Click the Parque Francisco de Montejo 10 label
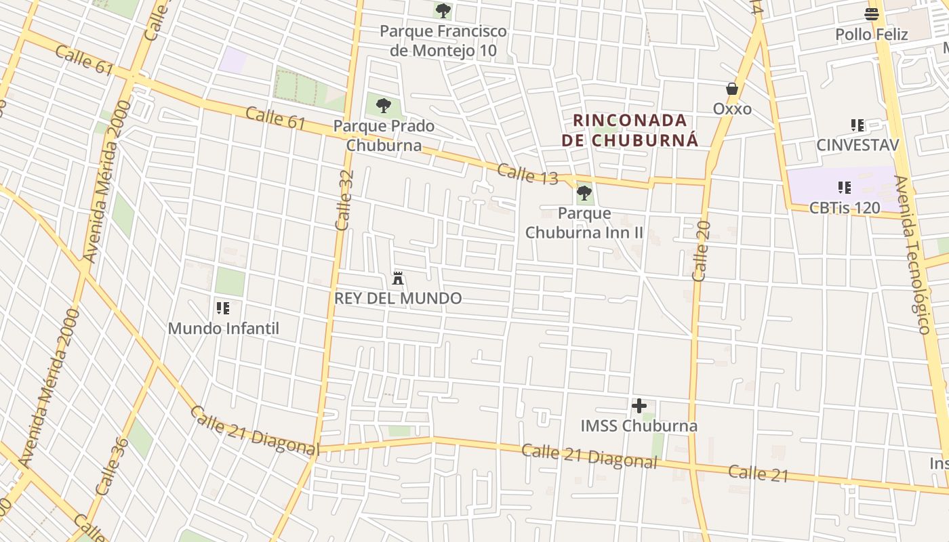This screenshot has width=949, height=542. click(443, 41)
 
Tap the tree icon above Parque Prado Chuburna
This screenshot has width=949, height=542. click(384, 106)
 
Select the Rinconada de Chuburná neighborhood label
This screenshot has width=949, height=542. click(630, 131)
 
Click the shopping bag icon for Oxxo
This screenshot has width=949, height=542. click(732, 89)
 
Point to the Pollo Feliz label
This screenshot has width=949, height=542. click(871, 34)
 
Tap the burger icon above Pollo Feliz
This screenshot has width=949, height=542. click(872, 14)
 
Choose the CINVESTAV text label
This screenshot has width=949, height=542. click(857, 145)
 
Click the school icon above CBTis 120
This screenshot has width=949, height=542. click(845, 188)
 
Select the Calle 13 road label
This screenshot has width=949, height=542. click(527, 174)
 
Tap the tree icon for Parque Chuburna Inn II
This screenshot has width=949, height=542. click(584, 194)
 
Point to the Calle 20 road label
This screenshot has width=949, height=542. click(701, 251)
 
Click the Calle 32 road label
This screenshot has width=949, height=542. click(345, 200)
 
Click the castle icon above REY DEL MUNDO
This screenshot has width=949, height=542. click(398, 278)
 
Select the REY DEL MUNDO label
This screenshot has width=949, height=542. click(398, 298)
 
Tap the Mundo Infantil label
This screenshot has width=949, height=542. click(223, 329)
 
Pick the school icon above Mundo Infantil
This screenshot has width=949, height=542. click(223, 309)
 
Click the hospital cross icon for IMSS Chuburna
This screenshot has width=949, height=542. click(639, 406)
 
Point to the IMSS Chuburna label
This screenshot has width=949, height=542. click(639, 426)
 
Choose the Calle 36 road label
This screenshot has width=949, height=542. click(112, 466)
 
